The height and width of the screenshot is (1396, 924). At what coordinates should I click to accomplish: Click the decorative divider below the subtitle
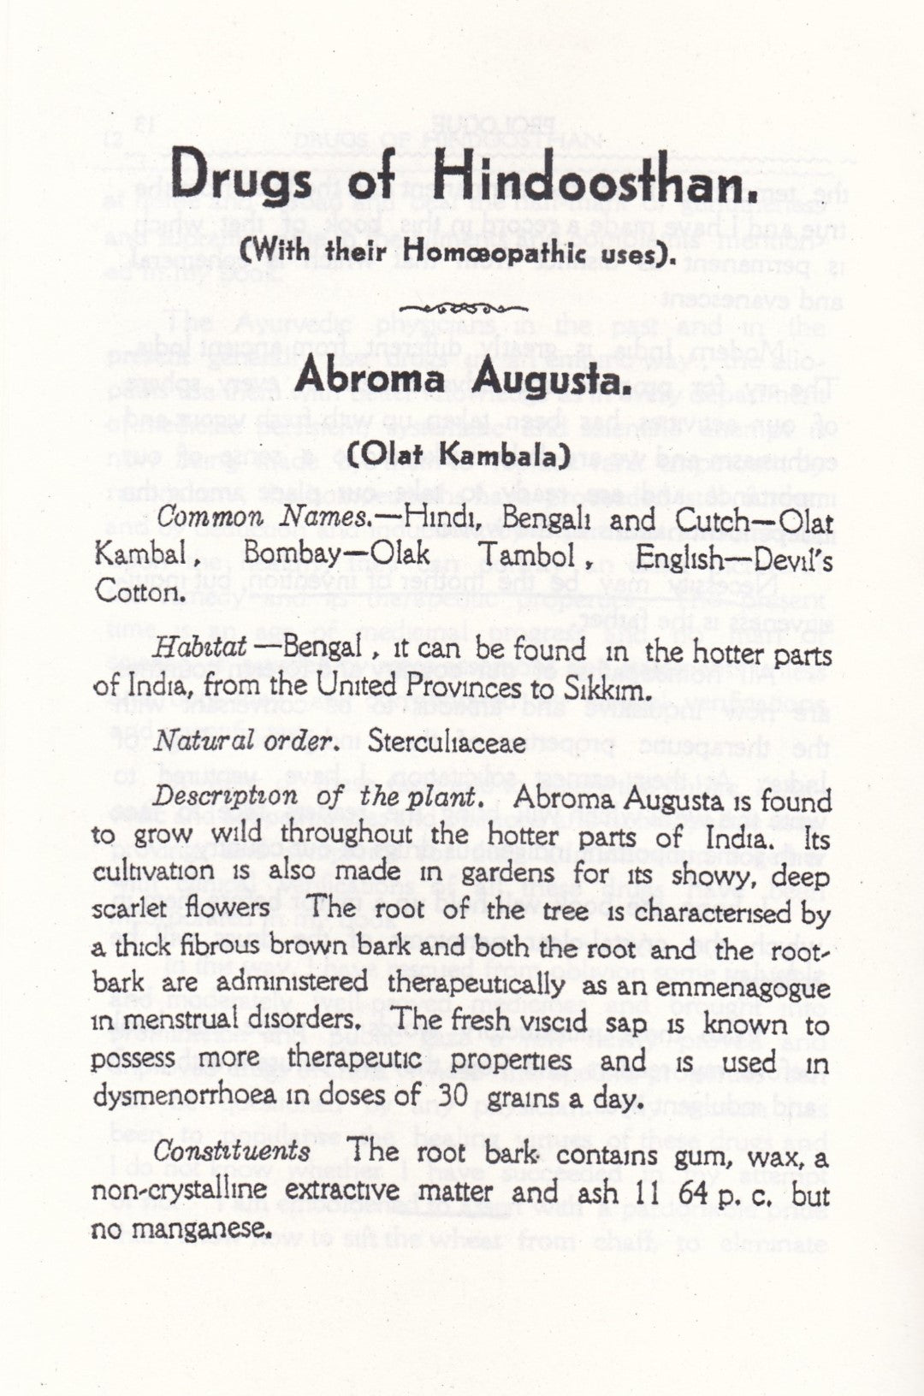click(x=462, y=308)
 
